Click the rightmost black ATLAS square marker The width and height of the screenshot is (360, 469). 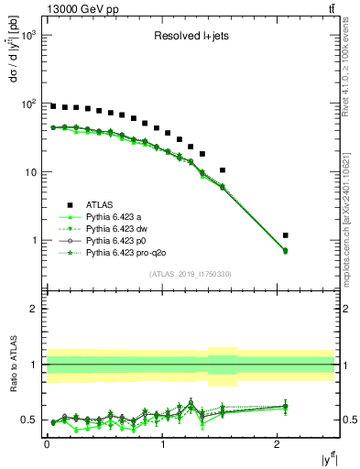point(286,235)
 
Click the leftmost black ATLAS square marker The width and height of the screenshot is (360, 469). point(53,106)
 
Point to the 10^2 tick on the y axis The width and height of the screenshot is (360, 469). point(30,104)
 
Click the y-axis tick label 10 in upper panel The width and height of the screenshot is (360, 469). point(32,172)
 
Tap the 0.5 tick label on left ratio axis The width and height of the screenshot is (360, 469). point(29,420)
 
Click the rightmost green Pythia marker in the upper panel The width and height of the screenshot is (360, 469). point(286,250)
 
